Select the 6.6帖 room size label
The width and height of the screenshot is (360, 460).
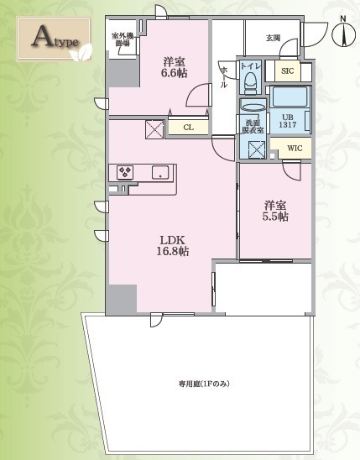(x=175, y=66)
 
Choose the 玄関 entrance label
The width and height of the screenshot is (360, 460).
(x=273, y=38)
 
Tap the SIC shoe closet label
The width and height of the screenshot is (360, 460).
(x=288, y=71)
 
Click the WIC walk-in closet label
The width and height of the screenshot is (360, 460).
(x=294, y=149)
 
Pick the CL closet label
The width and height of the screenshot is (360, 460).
(x=188, y=128)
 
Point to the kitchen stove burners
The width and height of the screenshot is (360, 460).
(x=125, y=172)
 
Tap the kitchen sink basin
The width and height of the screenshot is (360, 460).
(x=160, y=173)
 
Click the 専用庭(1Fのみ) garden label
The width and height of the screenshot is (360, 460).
(x=204, y=384)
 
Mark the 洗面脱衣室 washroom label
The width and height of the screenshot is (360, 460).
(x=252, y=124)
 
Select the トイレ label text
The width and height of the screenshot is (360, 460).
(x=250, y=65)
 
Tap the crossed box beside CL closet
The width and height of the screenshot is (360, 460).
(x=154, y=129)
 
